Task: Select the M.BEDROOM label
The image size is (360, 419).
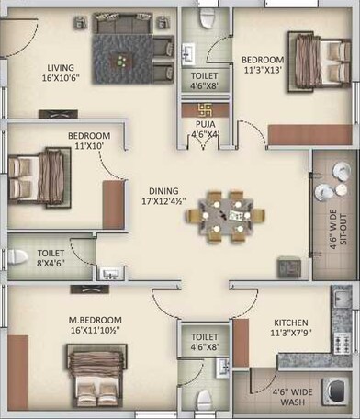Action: point(96,321)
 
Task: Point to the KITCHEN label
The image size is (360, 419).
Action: point(290,323)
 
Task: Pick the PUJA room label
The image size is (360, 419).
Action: point(198,123)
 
